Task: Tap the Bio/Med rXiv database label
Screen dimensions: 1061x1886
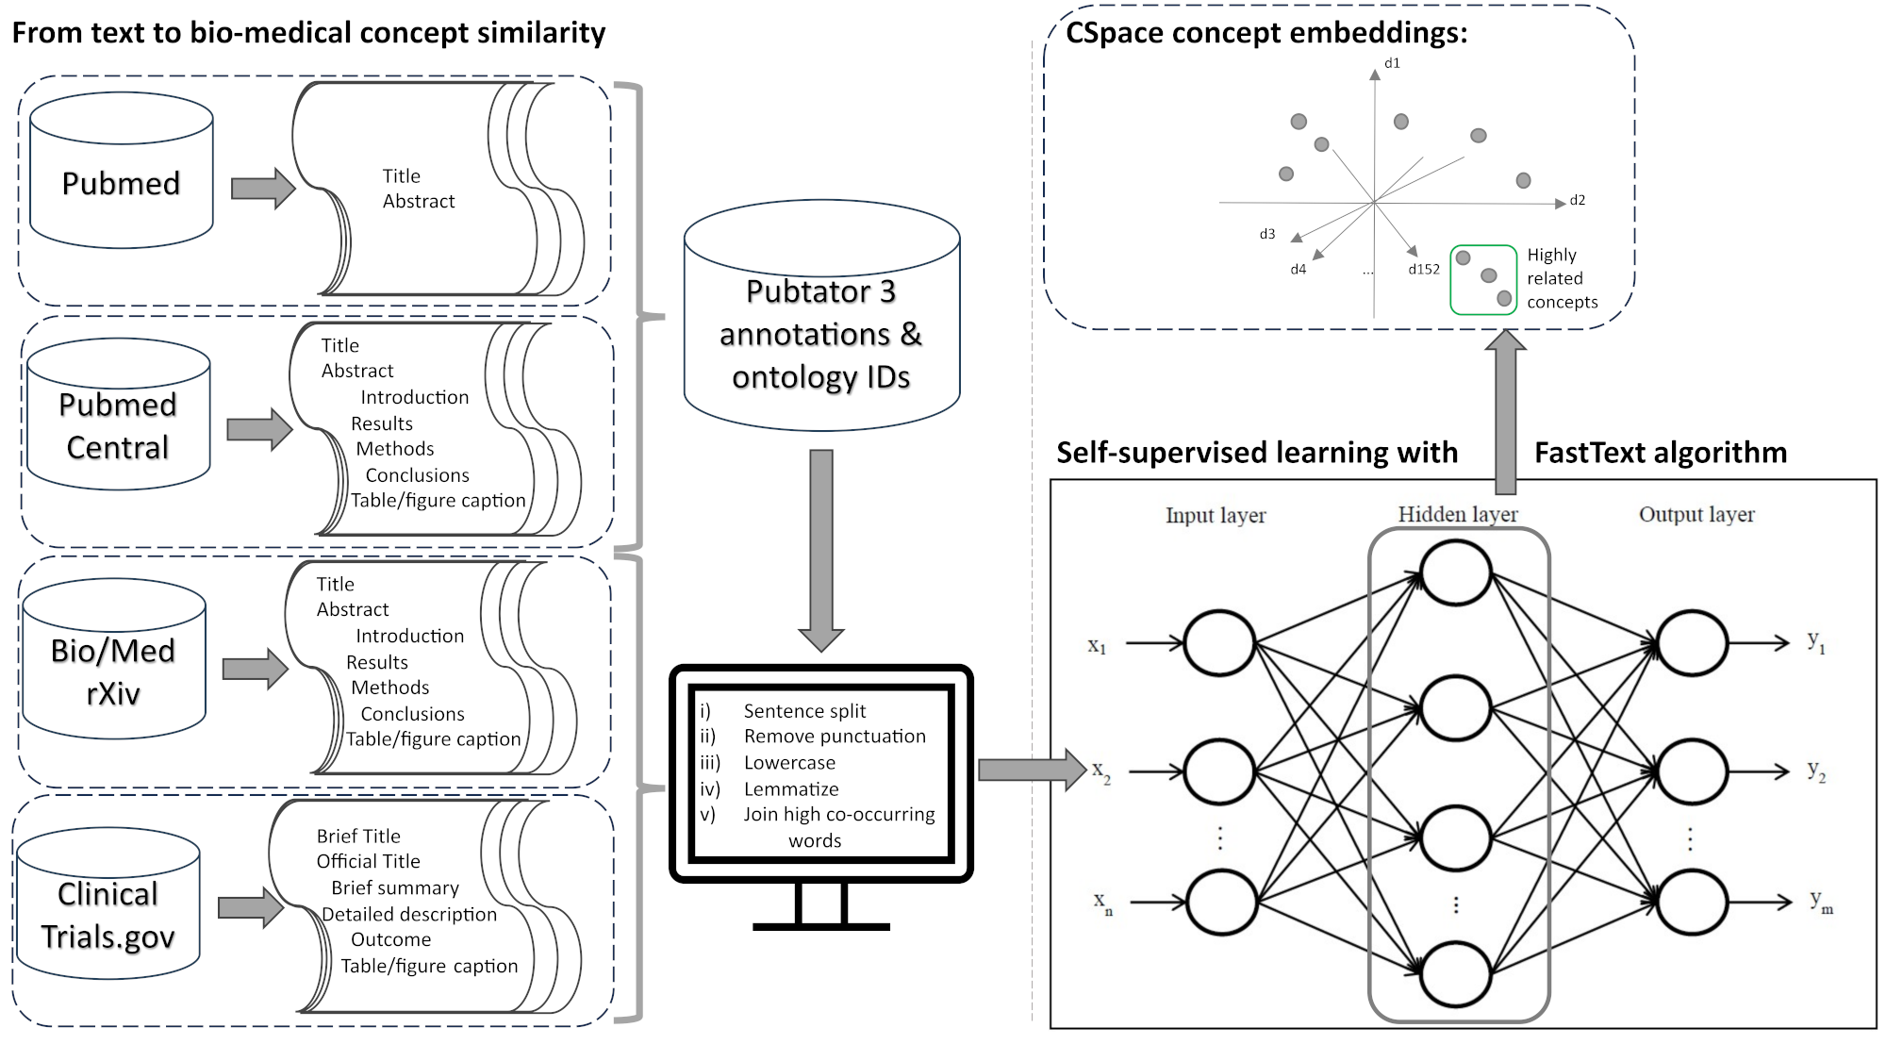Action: (x=113, y=671)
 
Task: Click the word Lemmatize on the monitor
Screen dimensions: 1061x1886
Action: (x=790, y=788)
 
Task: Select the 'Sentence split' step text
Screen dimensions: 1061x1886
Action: (x=803, y=711)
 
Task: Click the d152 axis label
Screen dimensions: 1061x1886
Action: (x=1423, y=270)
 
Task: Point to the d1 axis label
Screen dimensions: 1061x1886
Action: (x=1392, y=63)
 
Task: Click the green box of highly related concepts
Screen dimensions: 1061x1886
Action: (x=1482, y=279)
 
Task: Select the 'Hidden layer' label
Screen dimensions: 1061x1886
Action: (x=1457, y=515)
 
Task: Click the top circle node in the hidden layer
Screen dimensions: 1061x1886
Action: (x=1455, y=573)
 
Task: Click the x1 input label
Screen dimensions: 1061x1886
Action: (x=1097, y=646)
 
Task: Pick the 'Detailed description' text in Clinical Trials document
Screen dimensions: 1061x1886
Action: (x=408, y=914)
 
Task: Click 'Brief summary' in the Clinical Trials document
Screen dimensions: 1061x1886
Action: (x=394, y=887)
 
